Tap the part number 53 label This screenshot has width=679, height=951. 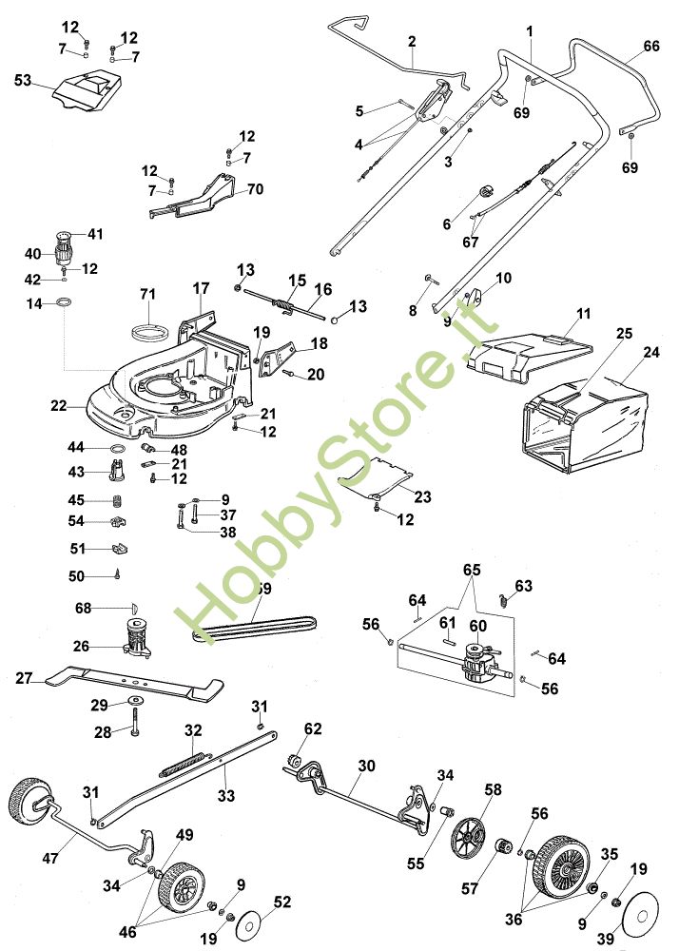[23, 80]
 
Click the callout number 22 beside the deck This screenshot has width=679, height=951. [59, 404]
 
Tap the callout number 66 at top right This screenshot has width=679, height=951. [651, 46]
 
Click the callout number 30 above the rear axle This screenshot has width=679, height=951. [367, 766]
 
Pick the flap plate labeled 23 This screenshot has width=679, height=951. [377, 477]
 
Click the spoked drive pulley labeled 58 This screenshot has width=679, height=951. [468, 839]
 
